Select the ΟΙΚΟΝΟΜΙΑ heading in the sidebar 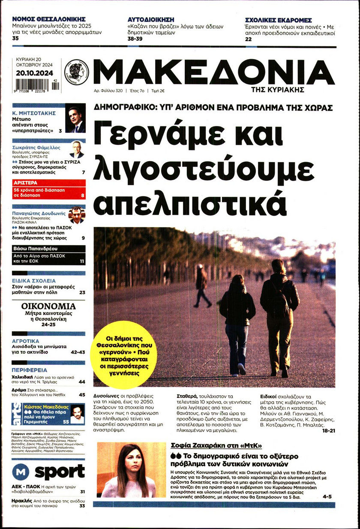[x=48, y=307]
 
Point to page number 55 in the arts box [x=66, y=422]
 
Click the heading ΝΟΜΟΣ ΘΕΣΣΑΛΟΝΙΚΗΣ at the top [x=48, y=19]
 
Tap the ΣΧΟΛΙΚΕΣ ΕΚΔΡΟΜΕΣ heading [x=278, y=20]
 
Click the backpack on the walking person [x=281, y=303]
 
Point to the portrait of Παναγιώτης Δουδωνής [x=76, y=215]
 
